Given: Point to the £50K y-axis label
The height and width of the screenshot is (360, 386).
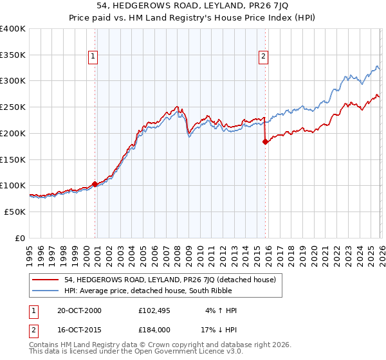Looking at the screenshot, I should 13,212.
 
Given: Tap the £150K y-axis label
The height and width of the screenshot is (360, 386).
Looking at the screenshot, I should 13,159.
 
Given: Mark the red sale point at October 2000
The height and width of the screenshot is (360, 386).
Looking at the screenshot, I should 95,184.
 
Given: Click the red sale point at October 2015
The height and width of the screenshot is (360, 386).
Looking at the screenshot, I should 265,142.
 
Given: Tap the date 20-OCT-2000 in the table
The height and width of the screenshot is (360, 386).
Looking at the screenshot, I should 79,310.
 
